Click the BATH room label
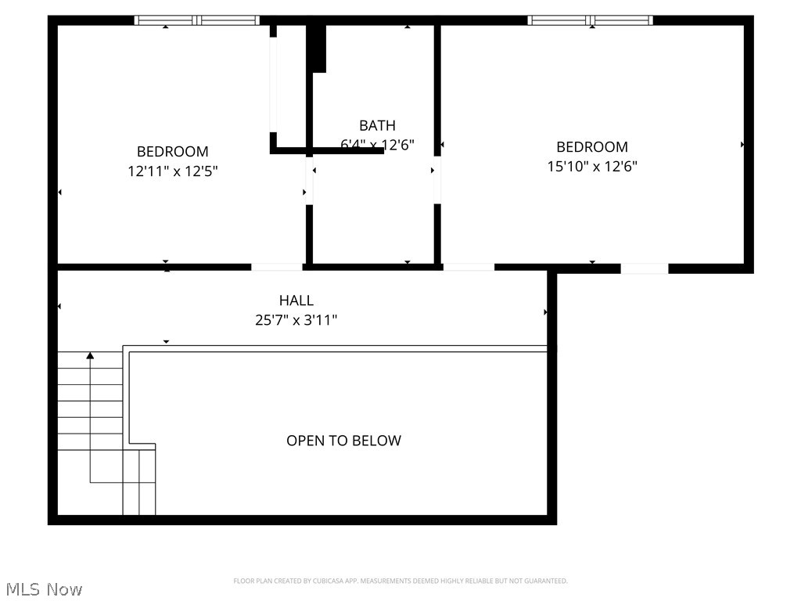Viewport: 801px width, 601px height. coord(377,125)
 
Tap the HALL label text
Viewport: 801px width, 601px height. coord(296,300)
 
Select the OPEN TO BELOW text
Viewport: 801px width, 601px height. coord(343,441)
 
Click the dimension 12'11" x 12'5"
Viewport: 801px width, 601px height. coord(173,171)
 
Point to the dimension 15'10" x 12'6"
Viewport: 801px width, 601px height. coord(592,166)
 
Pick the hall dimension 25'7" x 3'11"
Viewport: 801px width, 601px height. coord(296,320)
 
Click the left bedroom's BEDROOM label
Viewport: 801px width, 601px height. coord(173,152)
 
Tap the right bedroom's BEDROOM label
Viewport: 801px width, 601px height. coord(592,147)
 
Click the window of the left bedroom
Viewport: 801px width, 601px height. coord(196,20)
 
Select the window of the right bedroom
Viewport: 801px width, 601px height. coord(591,20)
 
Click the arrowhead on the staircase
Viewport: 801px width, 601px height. coord(90,356)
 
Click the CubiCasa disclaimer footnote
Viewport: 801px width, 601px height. coord(400,581)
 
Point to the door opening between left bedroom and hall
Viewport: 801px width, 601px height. coord(277,268)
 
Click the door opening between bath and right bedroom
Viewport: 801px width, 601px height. coord(437,180)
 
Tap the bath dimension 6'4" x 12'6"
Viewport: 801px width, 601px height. coord(377,145)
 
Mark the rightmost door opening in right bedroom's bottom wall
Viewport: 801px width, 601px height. coord(645,268)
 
